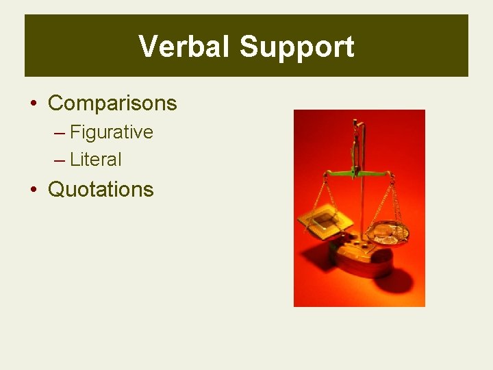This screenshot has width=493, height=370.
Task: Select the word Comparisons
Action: pos(112,103)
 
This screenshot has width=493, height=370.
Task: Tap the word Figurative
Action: pos(112,132)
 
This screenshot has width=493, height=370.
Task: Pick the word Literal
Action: pos(96,160)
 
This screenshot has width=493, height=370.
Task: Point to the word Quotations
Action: pos(101,189)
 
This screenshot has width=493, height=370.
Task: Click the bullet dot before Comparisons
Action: pos(34,104)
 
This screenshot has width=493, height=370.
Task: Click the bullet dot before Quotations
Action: pos(34,190)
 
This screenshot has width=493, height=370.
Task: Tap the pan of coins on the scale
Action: pos(388,234)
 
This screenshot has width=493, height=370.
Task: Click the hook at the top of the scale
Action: pos(355,127)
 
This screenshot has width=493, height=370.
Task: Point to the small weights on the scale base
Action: pos(359,242)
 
